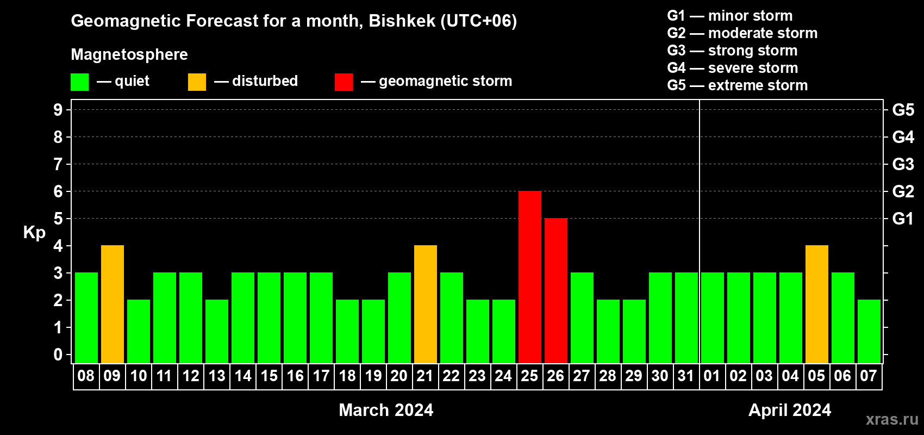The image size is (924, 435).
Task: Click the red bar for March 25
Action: pyautogui.click(x=529, y=277)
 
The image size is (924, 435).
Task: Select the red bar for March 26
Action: pyautogui.click(x=556, y=290)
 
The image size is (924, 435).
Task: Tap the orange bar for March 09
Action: pyautogui.click(x=112, y=304)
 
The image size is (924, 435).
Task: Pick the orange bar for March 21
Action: pyautogui.click(x=425, y=304)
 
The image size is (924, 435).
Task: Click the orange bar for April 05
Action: pyautogui.click(x=817, y=304)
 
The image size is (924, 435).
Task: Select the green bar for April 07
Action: pyautogui.click(x=869, y=331)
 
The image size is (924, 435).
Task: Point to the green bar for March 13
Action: pyautogui.click(x=216, y=331)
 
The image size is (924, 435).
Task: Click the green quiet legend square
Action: pyautogui.click(x=79, y=82)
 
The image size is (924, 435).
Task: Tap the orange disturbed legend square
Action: pyautogui.click(x=197, y=82)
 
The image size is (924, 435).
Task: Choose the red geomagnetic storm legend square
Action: pyautogui.click(x=344, y=82)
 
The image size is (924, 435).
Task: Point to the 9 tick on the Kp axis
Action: pyautogui.click(x=58, y=110)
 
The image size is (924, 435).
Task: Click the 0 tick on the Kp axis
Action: pyautogui.click(x=58, y=355)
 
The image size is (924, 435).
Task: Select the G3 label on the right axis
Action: pyautogui.click(x=903, y=164)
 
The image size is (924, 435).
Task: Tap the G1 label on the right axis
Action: pyautogui.click(x=903, y=219)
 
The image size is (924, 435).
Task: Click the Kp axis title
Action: pyautogui.click(x=34, y=233)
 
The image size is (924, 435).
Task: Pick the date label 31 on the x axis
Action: pyautogui.click(x=686, y=376)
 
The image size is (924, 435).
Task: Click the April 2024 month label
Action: pyautogui.click(x=790, y=410)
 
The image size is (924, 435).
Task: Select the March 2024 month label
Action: pyautogui.click(x=386, y=410)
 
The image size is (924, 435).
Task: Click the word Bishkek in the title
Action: pyautogui.click(x=402, y=21)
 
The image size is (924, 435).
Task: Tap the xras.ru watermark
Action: pyautogui.click(x=892, y=419)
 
